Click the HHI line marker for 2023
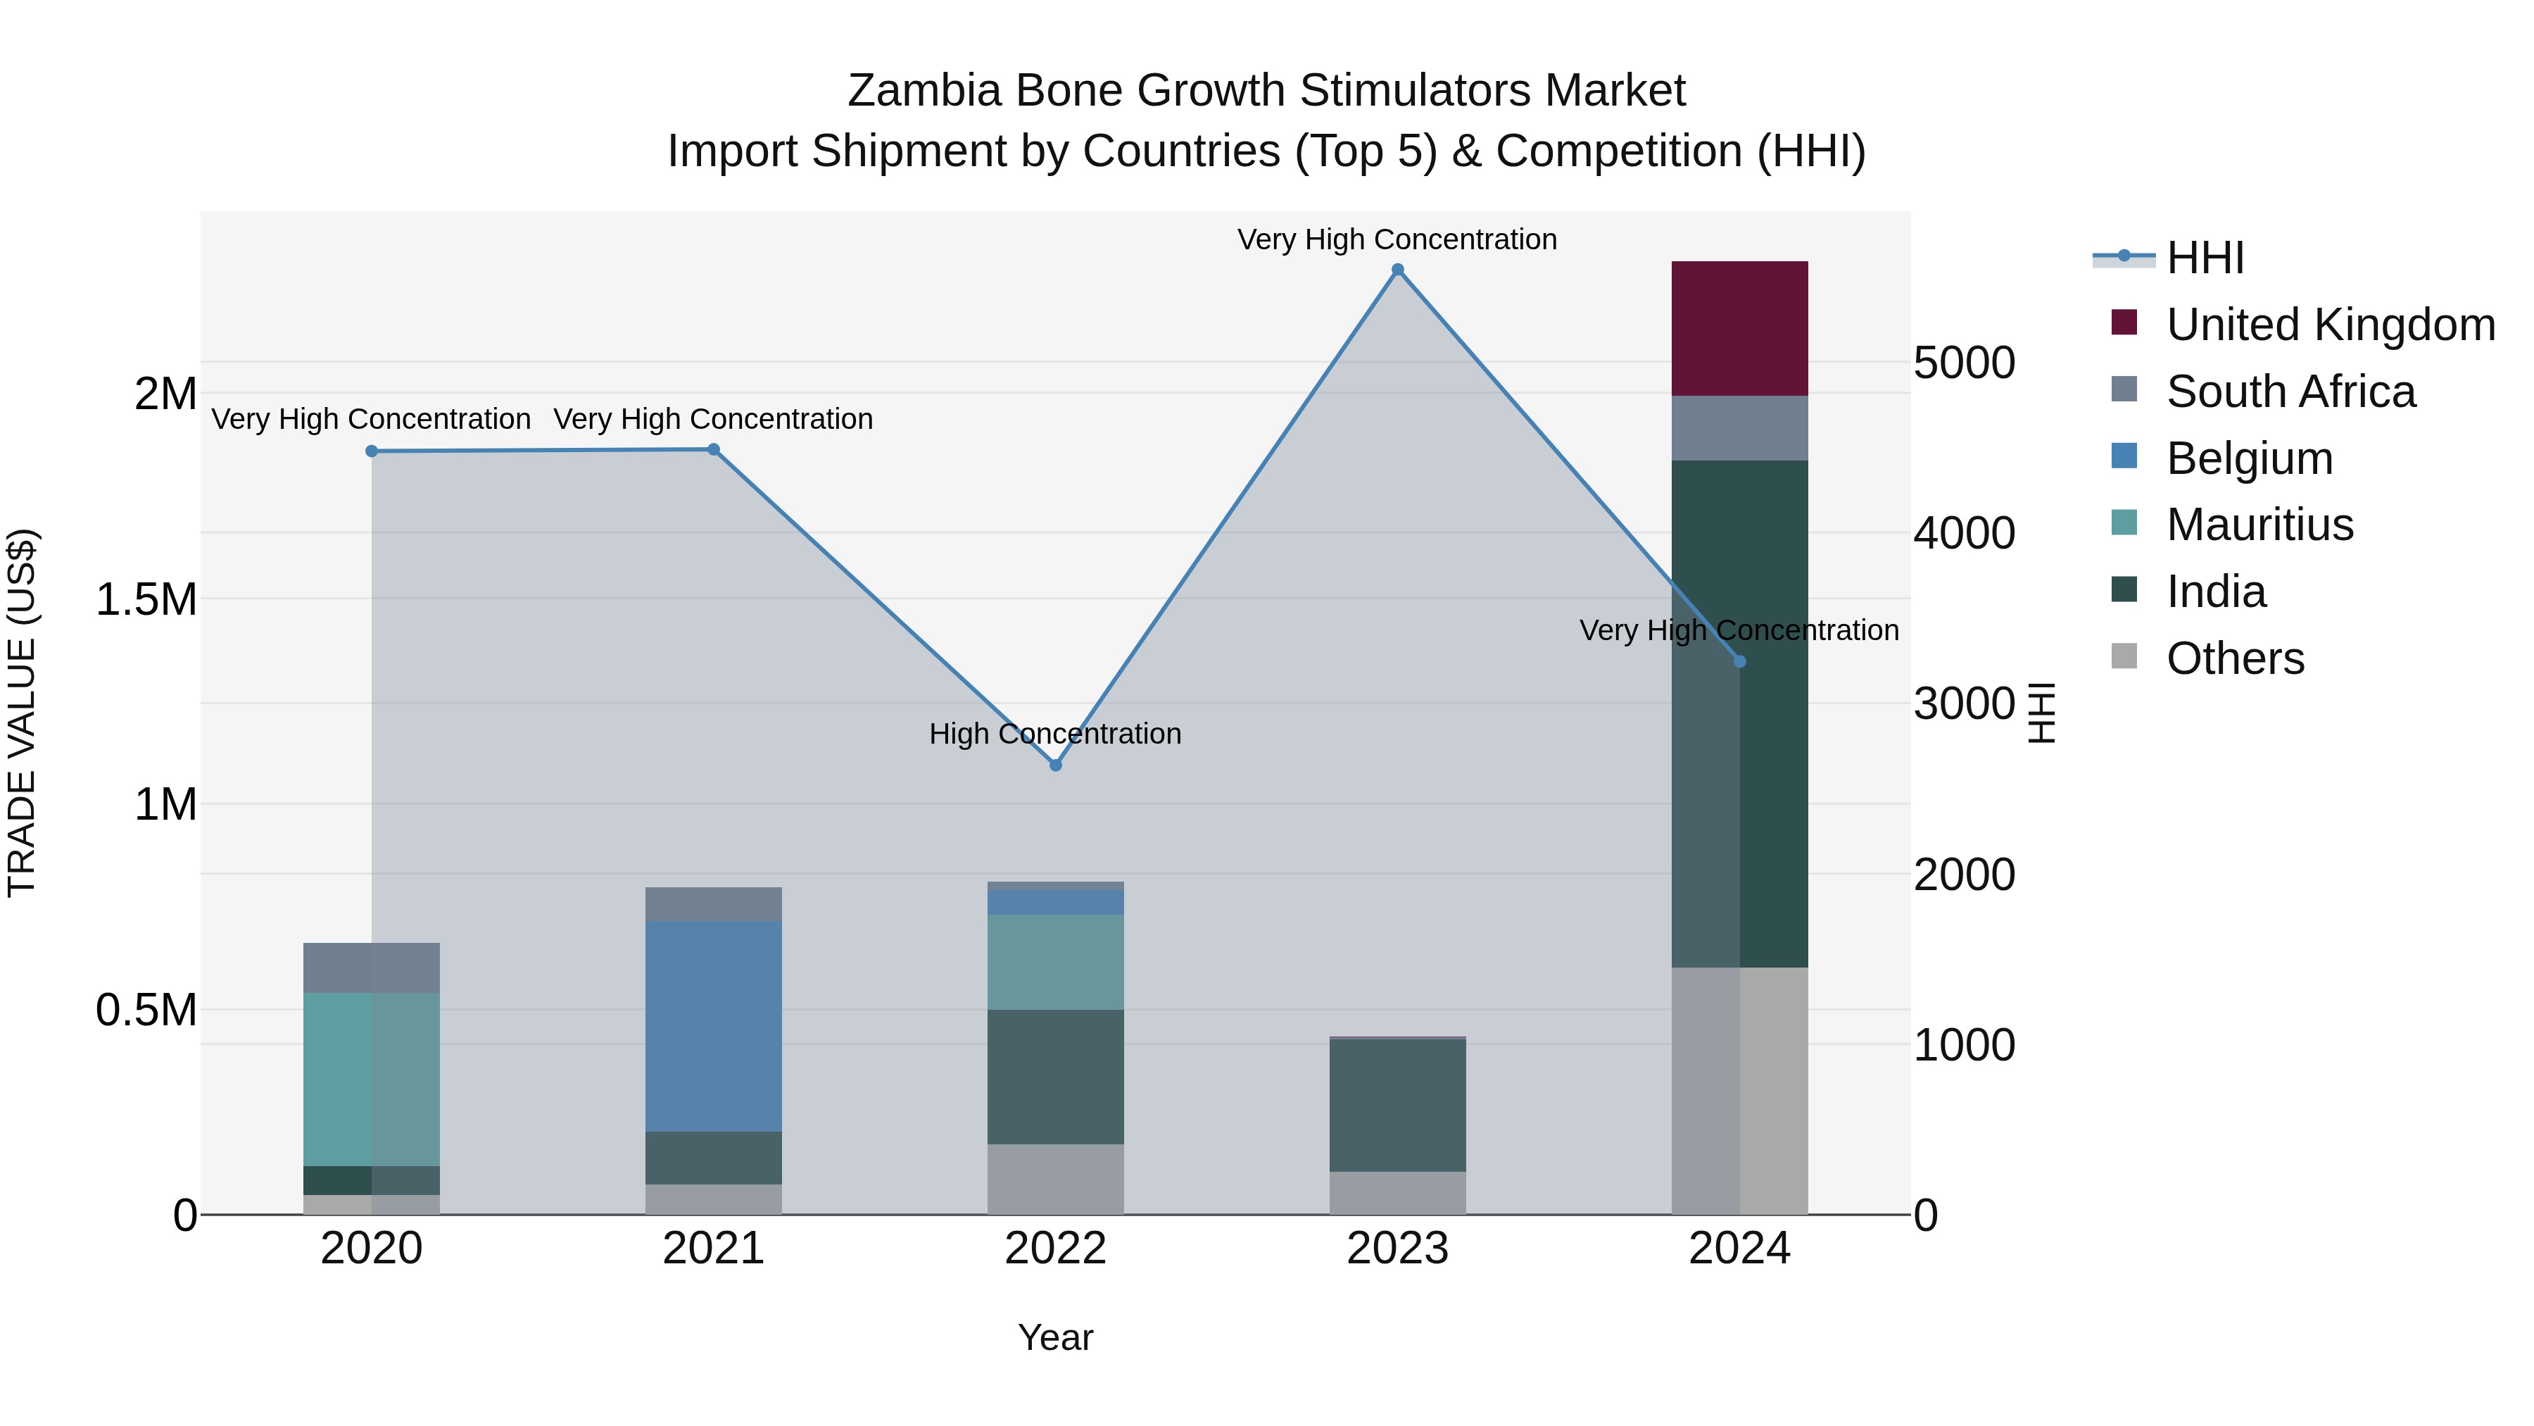[x=1397, y=270]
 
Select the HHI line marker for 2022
[x=1056, y=765]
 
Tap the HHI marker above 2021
[x=714, y=450]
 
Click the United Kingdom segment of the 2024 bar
[x=1739, y=329]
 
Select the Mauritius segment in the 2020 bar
[x=371, y=1079]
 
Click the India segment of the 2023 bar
[x=1397, y=1104]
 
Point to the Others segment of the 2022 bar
[x=1056, y=1179]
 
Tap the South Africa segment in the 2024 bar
[x=1739, y=428]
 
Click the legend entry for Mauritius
[x=2259, y=525]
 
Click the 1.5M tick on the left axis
[x=146, y=599]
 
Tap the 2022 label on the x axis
[x=1056, y=1249]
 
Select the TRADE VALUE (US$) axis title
[x=22, y=713]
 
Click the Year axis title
[x=1056, y=1337]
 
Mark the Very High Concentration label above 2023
[x=1397, y=239]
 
